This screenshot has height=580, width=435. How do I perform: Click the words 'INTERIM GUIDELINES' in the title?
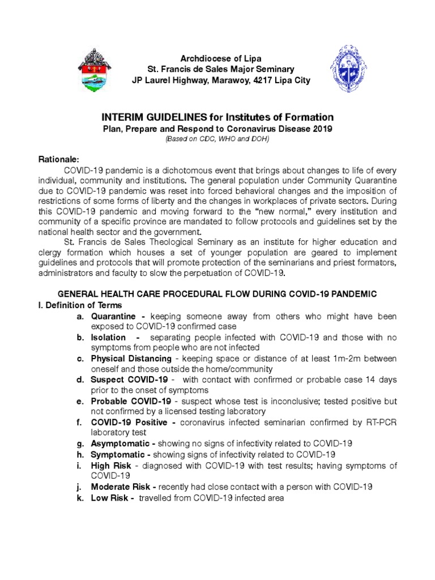click(151, 117)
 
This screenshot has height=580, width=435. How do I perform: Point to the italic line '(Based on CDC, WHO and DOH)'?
click(217, 139)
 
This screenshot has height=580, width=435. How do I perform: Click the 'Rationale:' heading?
click(58, 160)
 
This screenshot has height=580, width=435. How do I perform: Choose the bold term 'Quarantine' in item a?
click(113, 316)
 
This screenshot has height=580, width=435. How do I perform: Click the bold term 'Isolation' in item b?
click(108, 337)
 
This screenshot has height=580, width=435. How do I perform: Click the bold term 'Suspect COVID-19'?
click(129, 379)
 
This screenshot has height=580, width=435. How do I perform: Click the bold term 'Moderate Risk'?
click(121, 487)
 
